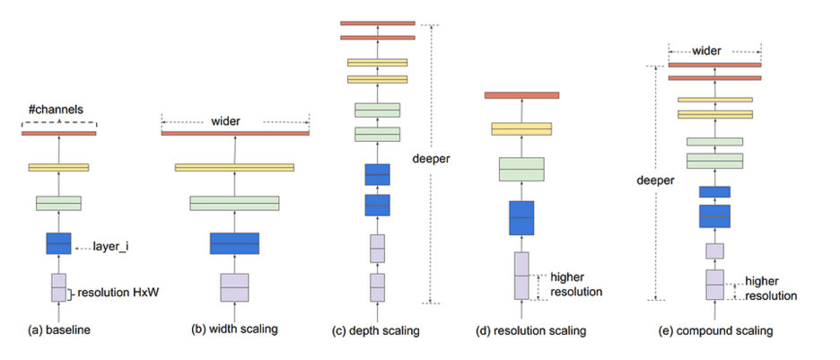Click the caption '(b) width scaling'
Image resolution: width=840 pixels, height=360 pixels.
click(235, 329)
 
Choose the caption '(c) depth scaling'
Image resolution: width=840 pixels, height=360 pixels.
click(377, 331)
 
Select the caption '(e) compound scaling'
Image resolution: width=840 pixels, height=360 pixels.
click(714, 331)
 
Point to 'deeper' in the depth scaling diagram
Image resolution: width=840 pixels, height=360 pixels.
click(431, 159)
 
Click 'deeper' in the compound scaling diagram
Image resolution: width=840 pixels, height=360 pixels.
click(657, 179)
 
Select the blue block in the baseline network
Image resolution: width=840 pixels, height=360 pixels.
click(58, 243)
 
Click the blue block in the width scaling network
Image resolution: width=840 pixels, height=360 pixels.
click(234, 243)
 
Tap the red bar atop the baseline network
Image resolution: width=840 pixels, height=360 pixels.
click(58, 134)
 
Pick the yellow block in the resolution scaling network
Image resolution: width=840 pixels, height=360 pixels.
click(521, 128)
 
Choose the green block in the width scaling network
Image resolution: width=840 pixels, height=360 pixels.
click(234, 203)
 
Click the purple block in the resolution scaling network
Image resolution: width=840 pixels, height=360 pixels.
click(521, 276)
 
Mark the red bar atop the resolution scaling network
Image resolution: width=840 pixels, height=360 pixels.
click(521, 95)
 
